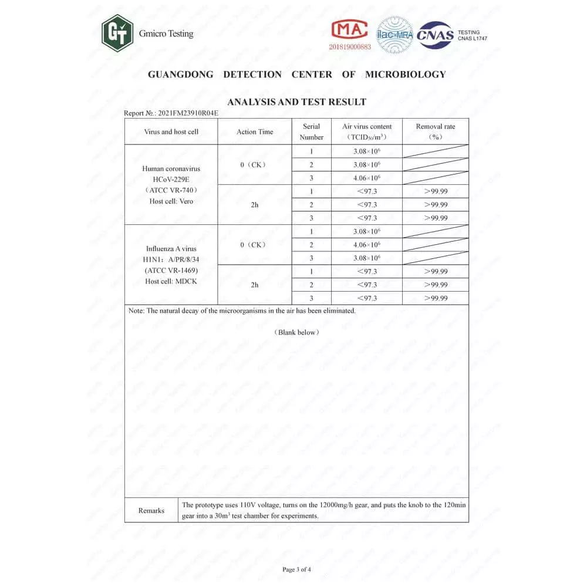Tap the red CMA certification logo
pyautogui.click(x=349, y=29)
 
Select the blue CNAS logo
pyautogui.click(x=435, y=35)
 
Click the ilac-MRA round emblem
pyautogui.click(x=395, y=35)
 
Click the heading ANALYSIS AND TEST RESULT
pyautogui.click(x=296, y=102)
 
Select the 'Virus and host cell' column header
pyautogui.click(x=171, y=131)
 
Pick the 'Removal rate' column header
pyautogui.click(x=435, y=131)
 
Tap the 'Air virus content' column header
pyautogui.click(x=367, y=131)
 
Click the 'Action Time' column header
pyautogui.click(x=255, y=131)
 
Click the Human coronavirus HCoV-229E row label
pyautogui.click(x=171, y=184)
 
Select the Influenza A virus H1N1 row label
pyautogui.click(x=171, y=265)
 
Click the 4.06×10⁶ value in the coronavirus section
pyautogui.click(x=367, y=178)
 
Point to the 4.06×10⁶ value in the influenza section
pyautogui.click(x=367, y=245)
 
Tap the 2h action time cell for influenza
pyautogui.click(x=254, y=285)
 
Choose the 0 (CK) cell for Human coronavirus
pyautogui.click(x=254, y=165)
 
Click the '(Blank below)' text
pyautogui.click(x=297, y=332)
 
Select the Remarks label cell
pyautogui.click(x=151, y=511)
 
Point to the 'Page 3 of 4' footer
pyautogui.click(x=296, y=569)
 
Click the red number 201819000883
pyautogui.click(x=350, y=47)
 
